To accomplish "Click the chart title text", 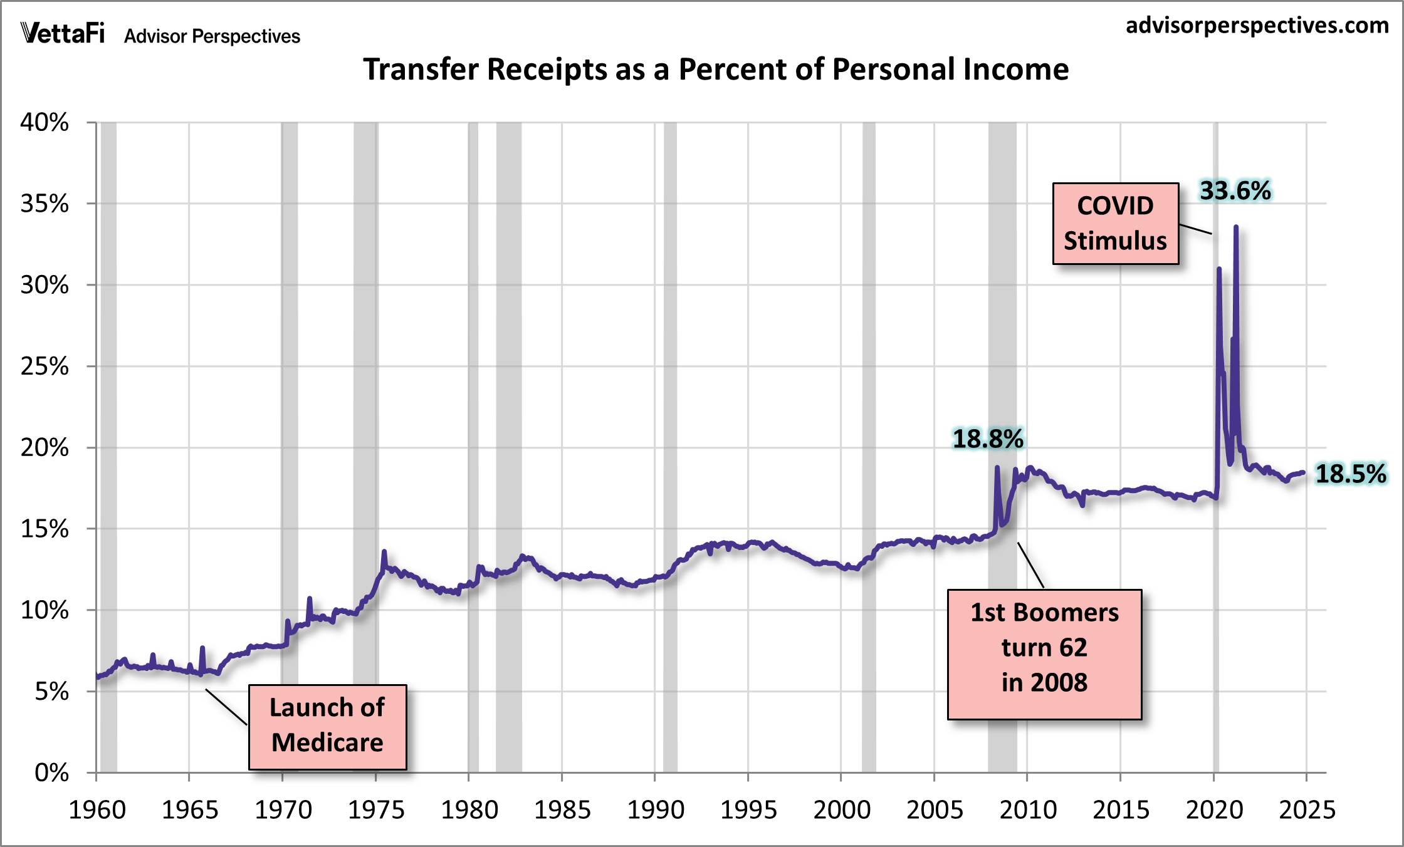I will coord(716,69).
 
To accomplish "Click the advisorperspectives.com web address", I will coord(1257,26).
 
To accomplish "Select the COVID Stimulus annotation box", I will coord(1115,224).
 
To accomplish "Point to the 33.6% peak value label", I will coord(1235,190).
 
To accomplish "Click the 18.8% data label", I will coord(988,439).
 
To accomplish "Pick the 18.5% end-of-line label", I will coord(1350,474).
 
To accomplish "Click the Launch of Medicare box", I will coord(327,727).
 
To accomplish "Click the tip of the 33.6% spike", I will coord(1235,227).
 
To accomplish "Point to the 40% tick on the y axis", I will coord(45,122).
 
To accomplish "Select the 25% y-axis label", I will coord(45,366).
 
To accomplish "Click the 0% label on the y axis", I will coord(51,772).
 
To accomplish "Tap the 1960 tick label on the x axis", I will coord(97,810).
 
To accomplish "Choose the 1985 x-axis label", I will coord(562,810).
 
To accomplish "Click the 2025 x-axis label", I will coord(1307,810).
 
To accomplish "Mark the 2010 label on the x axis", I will coord(1028,810).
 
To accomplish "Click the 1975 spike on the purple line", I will coord(384,553).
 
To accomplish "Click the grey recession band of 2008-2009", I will coord(1002,313).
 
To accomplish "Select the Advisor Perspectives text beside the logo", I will coord(212,36).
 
